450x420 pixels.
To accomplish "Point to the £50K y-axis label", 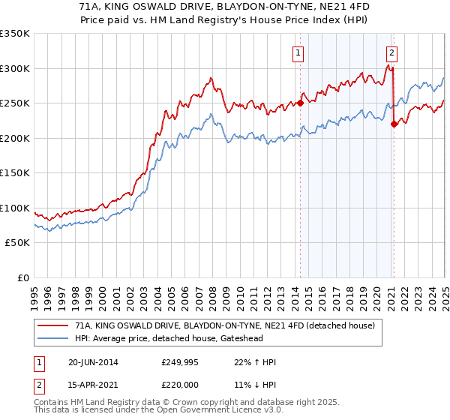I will point(16,243).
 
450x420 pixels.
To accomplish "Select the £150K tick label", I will point(14,173).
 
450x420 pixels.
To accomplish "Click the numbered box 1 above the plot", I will point(298,52).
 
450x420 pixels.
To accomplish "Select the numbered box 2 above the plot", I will point(392,52).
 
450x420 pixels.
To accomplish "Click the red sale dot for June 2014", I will point(300,103).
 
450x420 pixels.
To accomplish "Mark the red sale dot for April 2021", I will point(394,124).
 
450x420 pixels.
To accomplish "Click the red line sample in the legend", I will point(53,326).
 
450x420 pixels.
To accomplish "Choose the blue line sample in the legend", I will point(53,339).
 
